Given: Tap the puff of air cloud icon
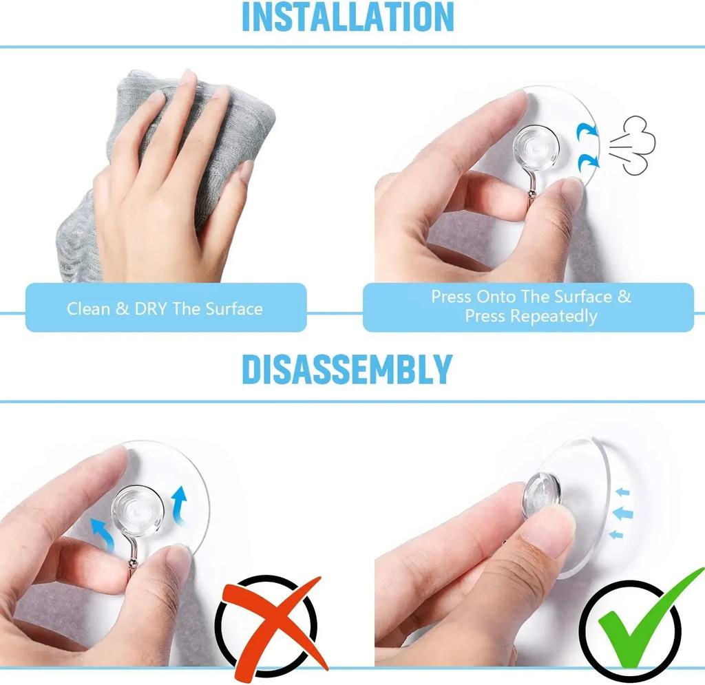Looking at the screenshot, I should pyautogui.click(x=633, y=145).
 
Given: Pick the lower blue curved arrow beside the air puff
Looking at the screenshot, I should pyautogui.click(x=588, y=162).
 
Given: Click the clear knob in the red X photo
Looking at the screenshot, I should pyautogui.click(x=138, y=509).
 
